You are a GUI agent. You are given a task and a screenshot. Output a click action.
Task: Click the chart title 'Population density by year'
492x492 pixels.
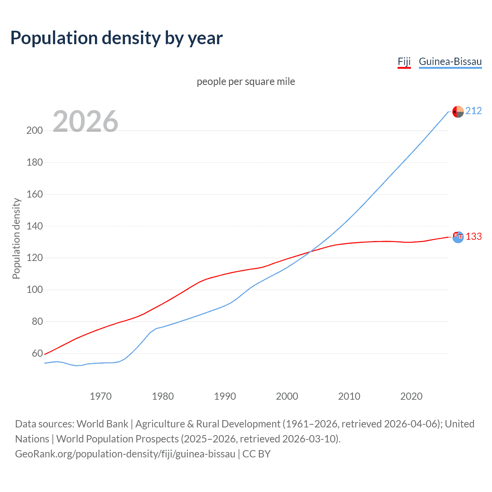pos(116,38)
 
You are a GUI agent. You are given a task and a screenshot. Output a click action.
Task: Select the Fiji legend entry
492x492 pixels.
pos(404,62)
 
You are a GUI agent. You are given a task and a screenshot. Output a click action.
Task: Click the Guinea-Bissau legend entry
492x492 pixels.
pos(450,62)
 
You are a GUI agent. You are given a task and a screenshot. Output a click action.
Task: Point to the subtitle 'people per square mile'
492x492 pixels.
pos(246,82)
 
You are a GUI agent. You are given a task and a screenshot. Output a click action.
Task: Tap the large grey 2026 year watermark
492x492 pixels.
pos(85,121)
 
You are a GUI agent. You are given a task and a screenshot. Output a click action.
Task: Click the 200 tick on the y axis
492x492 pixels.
pos(35,131)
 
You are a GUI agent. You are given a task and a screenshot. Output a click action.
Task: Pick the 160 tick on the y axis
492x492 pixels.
pos(35,194)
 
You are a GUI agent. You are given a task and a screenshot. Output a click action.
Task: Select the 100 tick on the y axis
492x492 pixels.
pos(35,290)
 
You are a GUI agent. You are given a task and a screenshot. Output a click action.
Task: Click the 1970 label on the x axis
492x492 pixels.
pos(101,396)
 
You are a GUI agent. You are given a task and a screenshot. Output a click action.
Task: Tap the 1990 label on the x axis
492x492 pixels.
pos(225,396)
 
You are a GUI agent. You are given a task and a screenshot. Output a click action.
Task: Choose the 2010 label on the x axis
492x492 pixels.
pos(349,396)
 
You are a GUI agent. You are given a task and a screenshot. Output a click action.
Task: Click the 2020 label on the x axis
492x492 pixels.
pos(411,396)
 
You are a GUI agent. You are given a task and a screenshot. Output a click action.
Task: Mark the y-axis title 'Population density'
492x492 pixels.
pos(16,238)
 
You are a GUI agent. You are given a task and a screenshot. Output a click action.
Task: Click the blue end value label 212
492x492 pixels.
pos(474,111)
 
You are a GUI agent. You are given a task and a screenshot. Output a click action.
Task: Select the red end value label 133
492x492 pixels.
pos(474,237)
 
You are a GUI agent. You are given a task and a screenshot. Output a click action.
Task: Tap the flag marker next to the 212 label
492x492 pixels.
pos(458,111)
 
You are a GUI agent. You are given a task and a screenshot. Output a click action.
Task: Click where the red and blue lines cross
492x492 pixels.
pos(310,252)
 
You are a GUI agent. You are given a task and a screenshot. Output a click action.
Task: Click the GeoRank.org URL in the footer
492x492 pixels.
pos(125,454)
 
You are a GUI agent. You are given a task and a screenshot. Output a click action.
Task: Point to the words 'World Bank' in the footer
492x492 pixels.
pos(102,424)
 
